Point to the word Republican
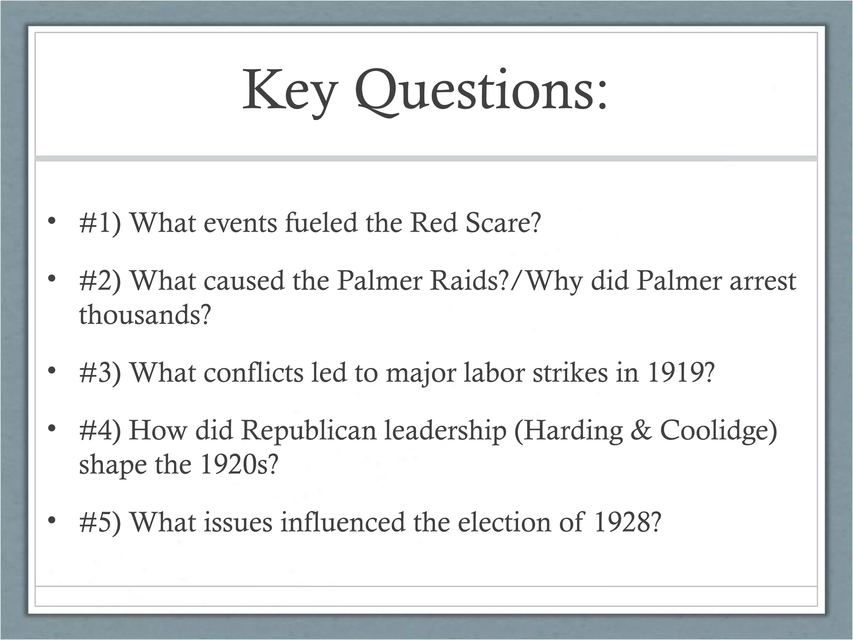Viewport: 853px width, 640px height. pos(309,430)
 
